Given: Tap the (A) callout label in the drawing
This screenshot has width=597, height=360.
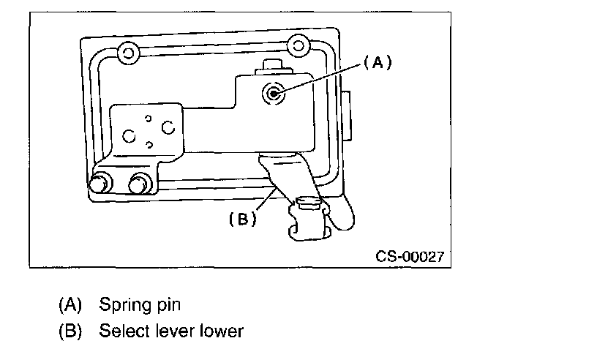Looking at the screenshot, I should click(x=378, y=64).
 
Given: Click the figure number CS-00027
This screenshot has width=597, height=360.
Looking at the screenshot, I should click(x=410, y=257).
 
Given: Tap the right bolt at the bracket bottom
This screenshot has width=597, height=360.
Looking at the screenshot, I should click(x=137, y=183).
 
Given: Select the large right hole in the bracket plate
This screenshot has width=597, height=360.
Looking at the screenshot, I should click(x=168, y=127).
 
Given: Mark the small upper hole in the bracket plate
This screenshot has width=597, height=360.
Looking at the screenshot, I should click(x=148, y=118).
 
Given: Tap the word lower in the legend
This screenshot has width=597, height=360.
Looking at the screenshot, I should click(x=221, y=331).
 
